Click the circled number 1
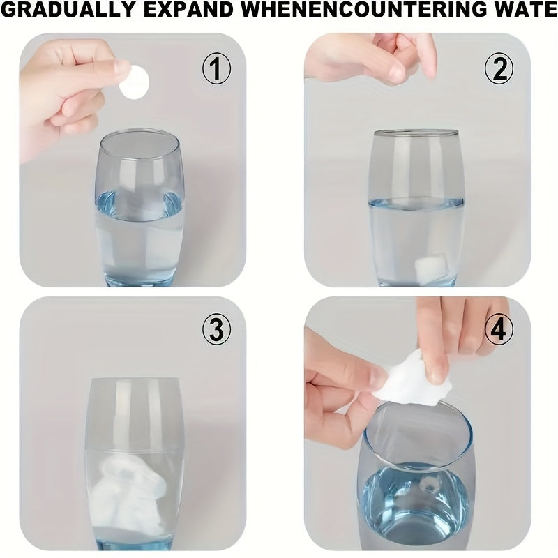[216, 68]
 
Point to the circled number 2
[499, 69]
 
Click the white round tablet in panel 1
[134, 82]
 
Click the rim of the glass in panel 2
[415, 133]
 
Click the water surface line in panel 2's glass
[416, 203]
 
